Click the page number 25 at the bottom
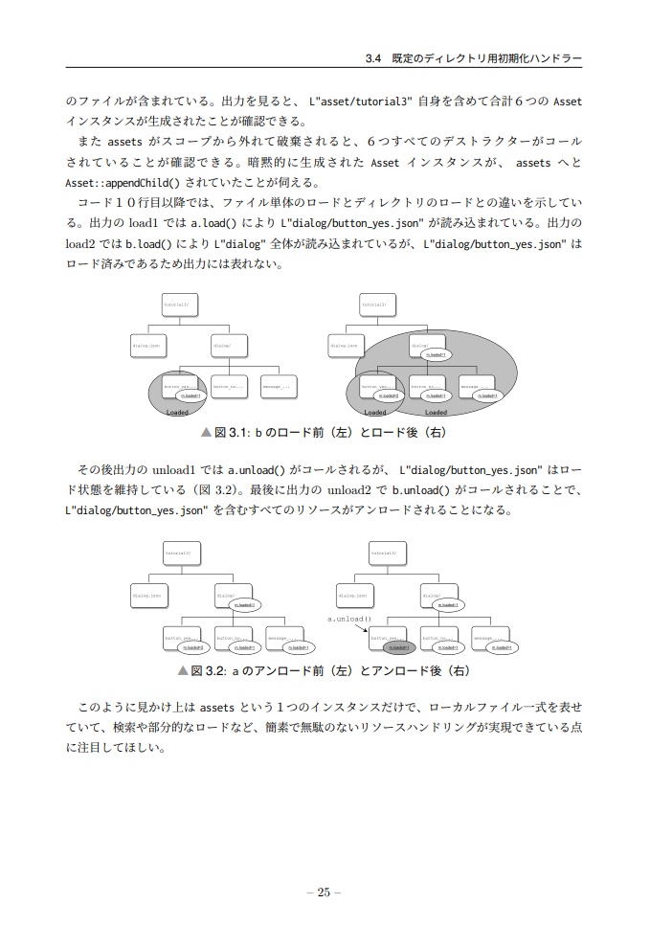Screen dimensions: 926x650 click(324, 892)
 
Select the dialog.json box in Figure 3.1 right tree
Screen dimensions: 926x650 click(345, 346)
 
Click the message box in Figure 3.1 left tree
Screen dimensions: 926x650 click(276, 387)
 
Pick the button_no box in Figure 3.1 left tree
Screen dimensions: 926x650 click(228, 387)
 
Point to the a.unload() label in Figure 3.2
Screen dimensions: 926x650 click(349, 619)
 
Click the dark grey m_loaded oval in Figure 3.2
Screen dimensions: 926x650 click(398, 647)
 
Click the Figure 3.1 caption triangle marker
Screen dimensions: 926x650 click(206, 433)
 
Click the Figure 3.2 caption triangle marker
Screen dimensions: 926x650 click(182, 670)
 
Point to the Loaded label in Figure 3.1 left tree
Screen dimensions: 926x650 click(177, 413)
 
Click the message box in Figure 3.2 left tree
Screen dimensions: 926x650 click(280, 640)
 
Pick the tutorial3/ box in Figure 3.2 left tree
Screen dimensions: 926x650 click(179, 553)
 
